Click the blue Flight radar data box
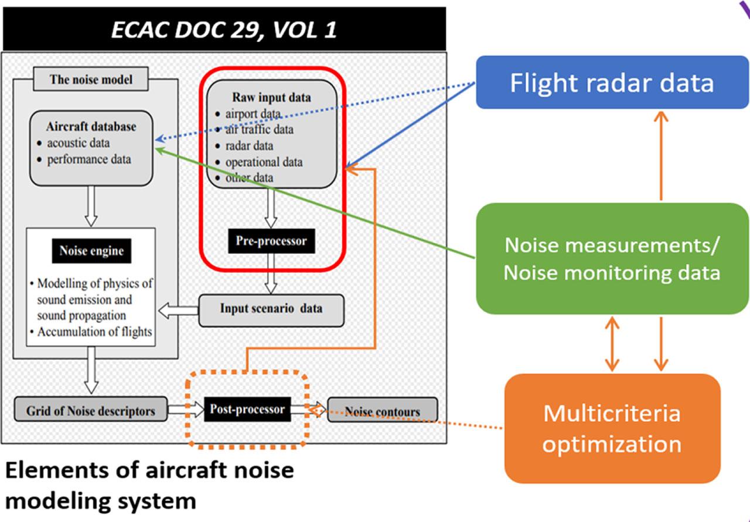click(612, 83)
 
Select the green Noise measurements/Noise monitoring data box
click(612, 258)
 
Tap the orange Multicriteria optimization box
click(612, 428)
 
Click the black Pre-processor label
click(271, 241)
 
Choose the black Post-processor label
click(247, 409)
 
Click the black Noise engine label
click(91, 251)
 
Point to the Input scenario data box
click(271, 308)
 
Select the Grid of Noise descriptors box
click(91, 410)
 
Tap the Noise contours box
click(382, 411)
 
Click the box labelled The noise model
click(91, 80)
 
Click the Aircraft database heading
click(91, 126)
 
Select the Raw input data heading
click(271, 97)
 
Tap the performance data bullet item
click(89, 159)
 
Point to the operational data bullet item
click(264, 162)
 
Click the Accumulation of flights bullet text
click(95, 332)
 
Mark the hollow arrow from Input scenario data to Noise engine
click(179, 310)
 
